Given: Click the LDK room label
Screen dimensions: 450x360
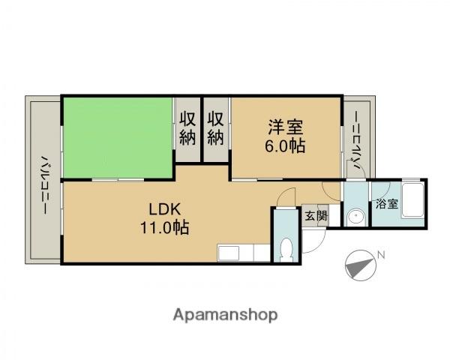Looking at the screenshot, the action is click(165, 209).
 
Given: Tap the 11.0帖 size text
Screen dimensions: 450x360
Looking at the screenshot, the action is click(165, 228).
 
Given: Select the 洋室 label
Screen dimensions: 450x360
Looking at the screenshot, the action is click(286, 127).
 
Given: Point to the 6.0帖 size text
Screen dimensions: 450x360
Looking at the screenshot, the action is click(285, 146).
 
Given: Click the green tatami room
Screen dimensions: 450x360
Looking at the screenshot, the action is click(118, 137).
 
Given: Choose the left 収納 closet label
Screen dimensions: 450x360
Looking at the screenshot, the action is click(187, 128).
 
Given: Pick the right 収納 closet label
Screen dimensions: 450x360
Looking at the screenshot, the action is click(216, 128).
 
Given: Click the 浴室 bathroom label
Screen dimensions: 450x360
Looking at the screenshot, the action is click(387, 204).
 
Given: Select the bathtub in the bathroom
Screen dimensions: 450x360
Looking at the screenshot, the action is click(412, 200).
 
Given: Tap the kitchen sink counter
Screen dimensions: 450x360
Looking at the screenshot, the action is click(243, 253).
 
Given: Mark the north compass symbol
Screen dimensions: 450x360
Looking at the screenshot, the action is click(361, 265).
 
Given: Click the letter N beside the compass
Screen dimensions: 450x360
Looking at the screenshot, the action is click(381, 255).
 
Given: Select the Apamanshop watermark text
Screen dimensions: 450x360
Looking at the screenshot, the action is click(225, 315).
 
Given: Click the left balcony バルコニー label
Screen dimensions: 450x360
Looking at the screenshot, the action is click(44, 185).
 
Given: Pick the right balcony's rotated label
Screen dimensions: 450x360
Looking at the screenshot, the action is click(357, 141).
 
